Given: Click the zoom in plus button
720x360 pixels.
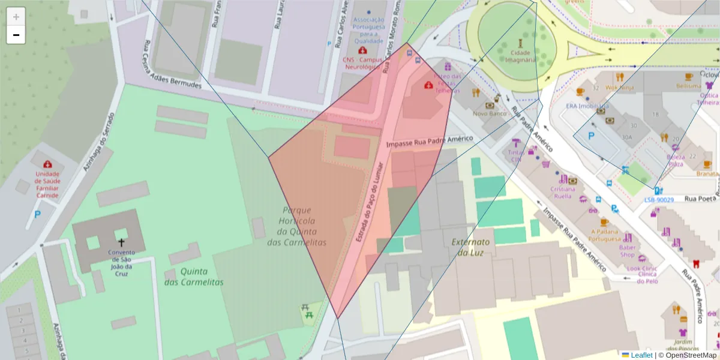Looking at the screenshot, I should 16,16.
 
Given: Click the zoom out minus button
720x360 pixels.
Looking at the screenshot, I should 16,35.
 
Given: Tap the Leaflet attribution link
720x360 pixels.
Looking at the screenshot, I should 641,355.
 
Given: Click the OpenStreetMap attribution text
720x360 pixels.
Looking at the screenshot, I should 691,355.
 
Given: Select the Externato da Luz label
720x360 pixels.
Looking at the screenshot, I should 470,247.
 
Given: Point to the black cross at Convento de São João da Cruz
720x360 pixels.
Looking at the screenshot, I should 121,242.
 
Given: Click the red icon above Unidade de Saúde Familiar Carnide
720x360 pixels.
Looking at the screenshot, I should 47,164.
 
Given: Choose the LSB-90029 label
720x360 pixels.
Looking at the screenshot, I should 659,200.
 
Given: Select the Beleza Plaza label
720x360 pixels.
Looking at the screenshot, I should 676,160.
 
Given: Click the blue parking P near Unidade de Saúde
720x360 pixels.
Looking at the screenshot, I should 37,214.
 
